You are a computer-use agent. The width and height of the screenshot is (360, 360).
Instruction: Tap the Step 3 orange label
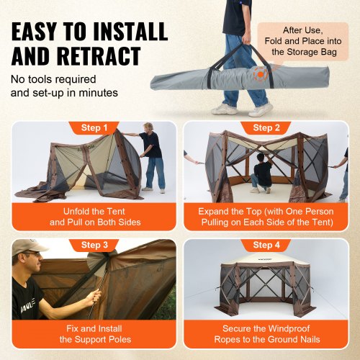pos(94,246)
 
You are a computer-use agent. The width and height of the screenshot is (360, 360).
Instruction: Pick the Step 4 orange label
pos(267,246)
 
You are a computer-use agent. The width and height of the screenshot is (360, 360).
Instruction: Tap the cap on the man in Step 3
pos(27,246)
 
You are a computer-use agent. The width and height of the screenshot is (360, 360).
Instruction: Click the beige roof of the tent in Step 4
pos(267,268)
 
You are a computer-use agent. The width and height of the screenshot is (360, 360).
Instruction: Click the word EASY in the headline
pos(42,31)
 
